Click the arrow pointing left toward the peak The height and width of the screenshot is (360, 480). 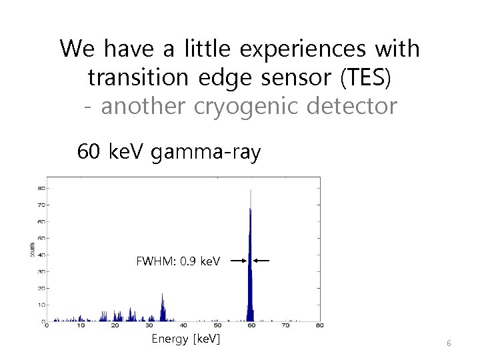point(262,261)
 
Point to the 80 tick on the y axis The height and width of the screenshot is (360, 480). point(41,188)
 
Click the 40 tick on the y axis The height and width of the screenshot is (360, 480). point(41,255)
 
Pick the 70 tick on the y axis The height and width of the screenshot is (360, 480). point(41,205)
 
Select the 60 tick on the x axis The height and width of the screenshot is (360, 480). point(251,326)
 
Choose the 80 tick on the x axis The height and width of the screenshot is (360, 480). point(319,326)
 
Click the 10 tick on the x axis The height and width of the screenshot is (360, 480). point(80,326)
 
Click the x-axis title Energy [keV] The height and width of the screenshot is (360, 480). point(186,340)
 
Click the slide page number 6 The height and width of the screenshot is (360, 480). point(449,343)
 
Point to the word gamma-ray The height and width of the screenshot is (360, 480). point(207,153)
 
